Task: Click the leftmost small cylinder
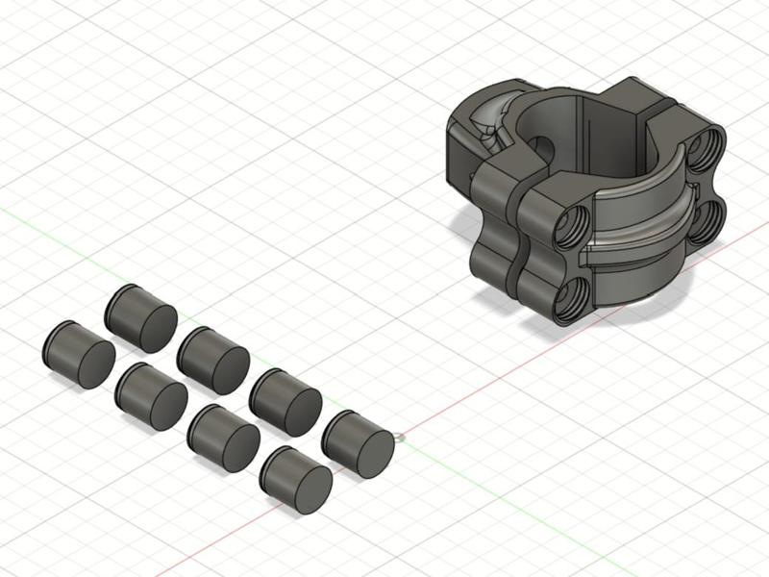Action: pyautogui.click(x=77, y=354)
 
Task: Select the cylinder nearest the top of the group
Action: pyautogui.click(x=139, y=316)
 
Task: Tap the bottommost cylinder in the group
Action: pyautogui.click(x=295, y=479)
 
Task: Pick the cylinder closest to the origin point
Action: pyautogui.click(x=356, y=442)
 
